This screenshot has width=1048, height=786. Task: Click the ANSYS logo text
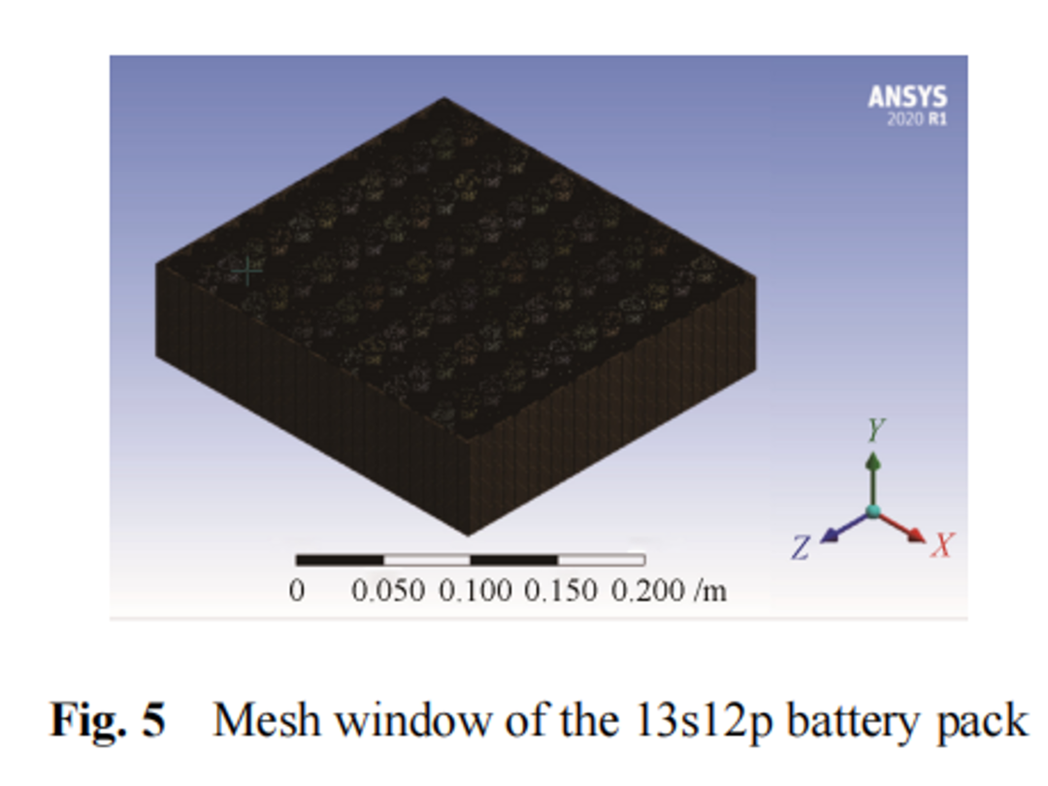(x=906, y=97)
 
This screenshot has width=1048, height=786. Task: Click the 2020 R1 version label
(x=915, y=120)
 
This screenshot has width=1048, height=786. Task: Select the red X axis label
(x=940, y=546)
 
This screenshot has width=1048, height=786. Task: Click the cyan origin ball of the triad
(x=874, y=510)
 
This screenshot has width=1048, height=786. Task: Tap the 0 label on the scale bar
(x=297, y=590)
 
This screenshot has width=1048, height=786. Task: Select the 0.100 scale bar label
(x=475, y=590)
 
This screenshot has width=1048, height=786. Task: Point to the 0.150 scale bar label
(x=561, y=590)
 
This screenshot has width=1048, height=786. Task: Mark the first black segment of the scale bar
(x=340, y=560)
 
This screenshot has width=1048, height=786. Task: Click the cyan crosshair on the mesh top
(x=247, y=271)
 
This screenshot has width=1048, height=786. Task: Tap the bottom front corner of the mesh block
(x=469, y=533)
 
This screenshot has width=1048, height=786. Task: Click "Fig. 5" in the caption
(x=108, y=721)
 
